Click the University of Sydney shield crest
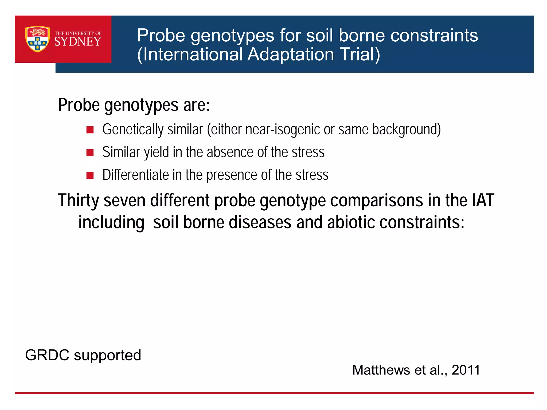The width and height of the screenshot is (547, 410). pos(37,39)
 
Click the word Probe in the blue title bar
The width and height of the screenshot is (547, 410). pos(161,36)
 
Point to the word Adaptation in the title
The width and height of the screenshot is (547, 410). pos(291,54)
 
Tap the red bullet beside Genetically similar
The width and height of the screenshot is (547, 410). pos(90,130)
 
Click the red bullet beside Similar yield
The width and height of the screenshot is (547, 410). pos(90,153)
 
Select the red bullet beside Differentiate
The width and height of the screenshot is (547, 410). pos(90,175)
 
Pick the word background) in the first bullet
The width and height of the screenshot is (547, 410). pos(406,129)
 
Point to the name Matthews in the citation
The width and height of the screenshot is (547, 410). pos(381,370)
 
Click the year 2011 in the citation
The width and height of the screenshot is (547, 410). pos(466,370)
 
